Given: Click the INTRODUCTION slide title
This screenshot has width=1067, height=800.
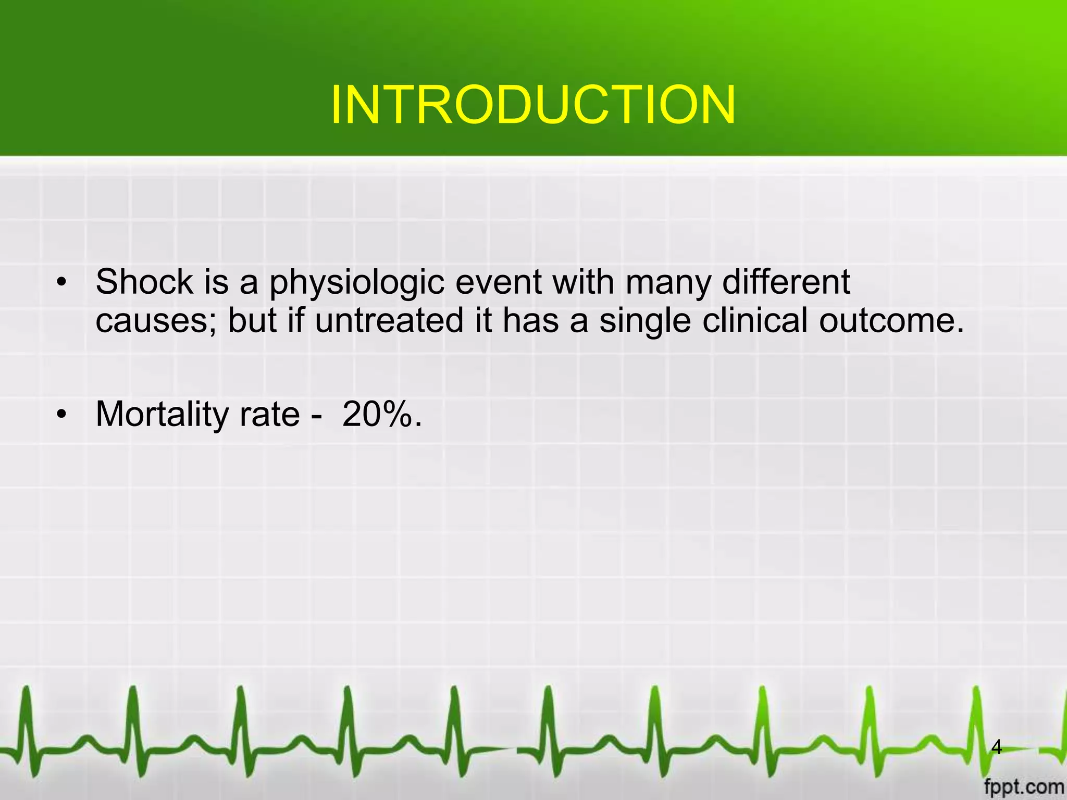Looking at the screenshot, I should point(533,105).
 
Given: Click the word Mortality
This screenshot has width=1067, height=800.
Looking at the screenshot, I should point(162,415).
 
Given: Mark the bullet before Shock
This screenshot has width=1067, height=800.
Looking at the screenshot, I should point(62,283).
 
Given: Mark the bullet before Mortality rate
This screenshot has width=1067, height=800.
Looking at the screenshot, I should point(62,415).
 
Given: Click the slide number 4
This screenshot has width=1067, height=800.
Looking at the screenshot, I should point(996,747).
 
